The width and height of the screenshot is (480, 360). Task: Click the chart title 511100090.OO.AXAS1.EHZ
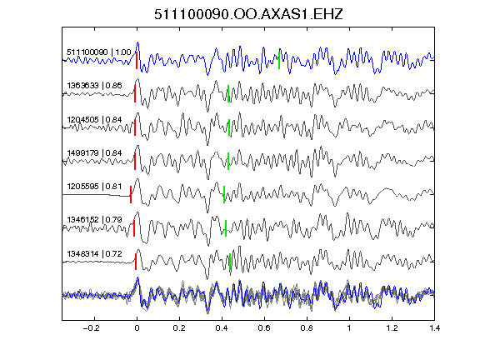248,14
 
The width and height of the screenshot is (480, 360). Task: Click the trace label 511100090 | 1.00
99,52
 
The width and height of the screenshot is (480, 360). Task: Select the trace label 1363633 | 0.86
94,85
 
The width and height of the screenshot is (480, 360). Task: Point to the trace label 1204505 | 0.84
94,119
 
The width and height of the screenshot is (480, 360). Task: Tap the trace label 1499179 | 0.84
94,152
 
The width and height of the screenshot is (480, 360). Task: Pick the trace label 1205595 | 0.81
94,187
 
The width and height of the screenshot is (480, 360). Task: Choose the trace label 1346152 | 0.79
94,220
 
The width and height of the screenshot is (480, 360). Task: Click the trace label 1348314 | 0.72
94,254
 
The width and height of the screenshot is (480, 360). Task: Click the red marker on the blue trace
137,60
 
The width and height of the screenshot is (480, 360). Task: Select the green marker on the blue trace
279,60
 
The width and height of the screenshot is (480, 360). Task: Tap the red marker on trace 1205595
131,194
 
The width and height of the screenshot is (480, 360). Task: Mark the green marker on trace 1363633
228,93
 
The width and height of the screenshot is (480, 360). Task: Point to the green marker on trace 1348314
230,262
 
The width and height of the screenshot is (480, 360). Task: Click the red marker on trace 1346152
134,228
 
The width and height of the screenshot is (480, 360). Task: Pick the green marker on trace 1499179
228,161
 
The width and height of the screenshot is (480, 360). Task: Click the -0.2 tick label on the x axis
92,328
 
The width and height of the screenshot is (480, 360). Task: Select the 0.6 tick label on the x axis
264,328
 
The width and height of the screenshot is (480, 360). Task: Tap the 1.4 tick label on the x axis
434,328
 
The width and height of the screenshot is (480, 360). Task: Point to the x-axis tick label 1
349,328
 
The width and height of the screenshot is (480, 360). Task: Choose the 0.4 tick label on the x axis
222,328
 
